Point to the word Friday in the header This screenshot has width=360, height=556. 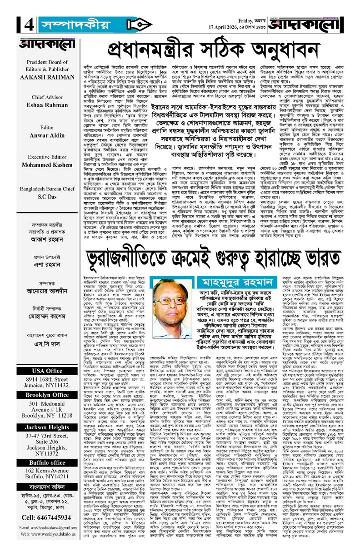click(x=248, y=20)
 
